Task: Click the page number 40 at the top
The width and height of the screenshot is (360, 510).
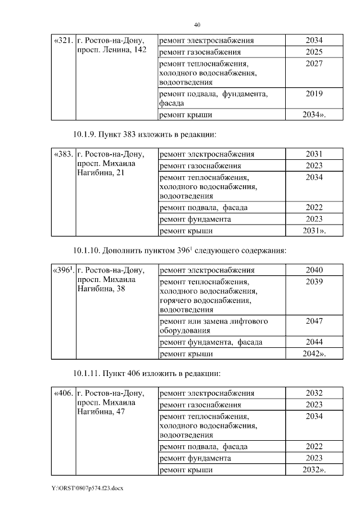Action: (x=197, y=25)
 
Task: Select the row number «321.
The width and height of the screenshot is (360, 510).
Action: (x=62, y=41)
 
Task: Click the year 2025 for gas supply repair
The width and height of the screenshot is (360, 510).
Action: (x=314, y=52)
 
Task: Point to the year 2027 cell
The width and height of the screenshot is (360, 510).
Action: (x=314, y=64)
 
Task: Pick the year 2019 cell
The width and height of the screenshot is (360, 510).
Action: (x=314, y=94)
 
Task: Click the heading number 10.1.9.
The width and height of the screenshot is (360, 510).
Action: (x=85, y=135)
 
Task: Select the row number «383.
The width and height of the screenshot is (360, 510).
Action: (x=62, y=154)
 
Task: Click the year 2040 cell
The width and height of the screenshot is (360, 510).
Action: (x=314, y=270)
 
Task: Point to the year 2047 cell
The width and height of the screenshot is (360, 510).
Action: (x=314, y=321)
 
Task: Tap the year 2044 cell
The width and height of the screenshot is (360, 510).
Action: (x=314, y=342)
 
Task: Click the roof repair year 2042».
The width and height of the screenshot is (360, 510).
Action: (x=314, y=354)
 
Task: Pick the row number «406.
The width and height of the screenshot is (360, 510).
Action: (x=62, y=393)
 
